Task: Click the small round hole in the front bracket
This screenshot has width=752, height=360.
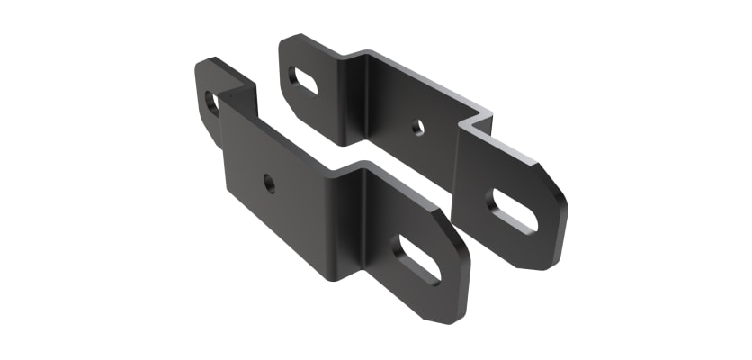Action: [x=269, y=184]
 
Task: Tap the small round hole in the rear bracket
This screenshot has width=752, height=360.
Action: [x=418, y=127]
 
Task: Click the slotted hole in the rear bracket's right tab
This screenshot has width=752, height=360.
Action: [x=514, y=212]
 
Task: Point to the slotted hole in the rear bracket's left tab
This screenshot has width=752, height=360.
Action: [x=304, y=81]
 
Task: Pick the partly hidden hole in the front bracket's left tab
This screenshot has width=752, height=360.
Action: [x=211, y=103]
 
